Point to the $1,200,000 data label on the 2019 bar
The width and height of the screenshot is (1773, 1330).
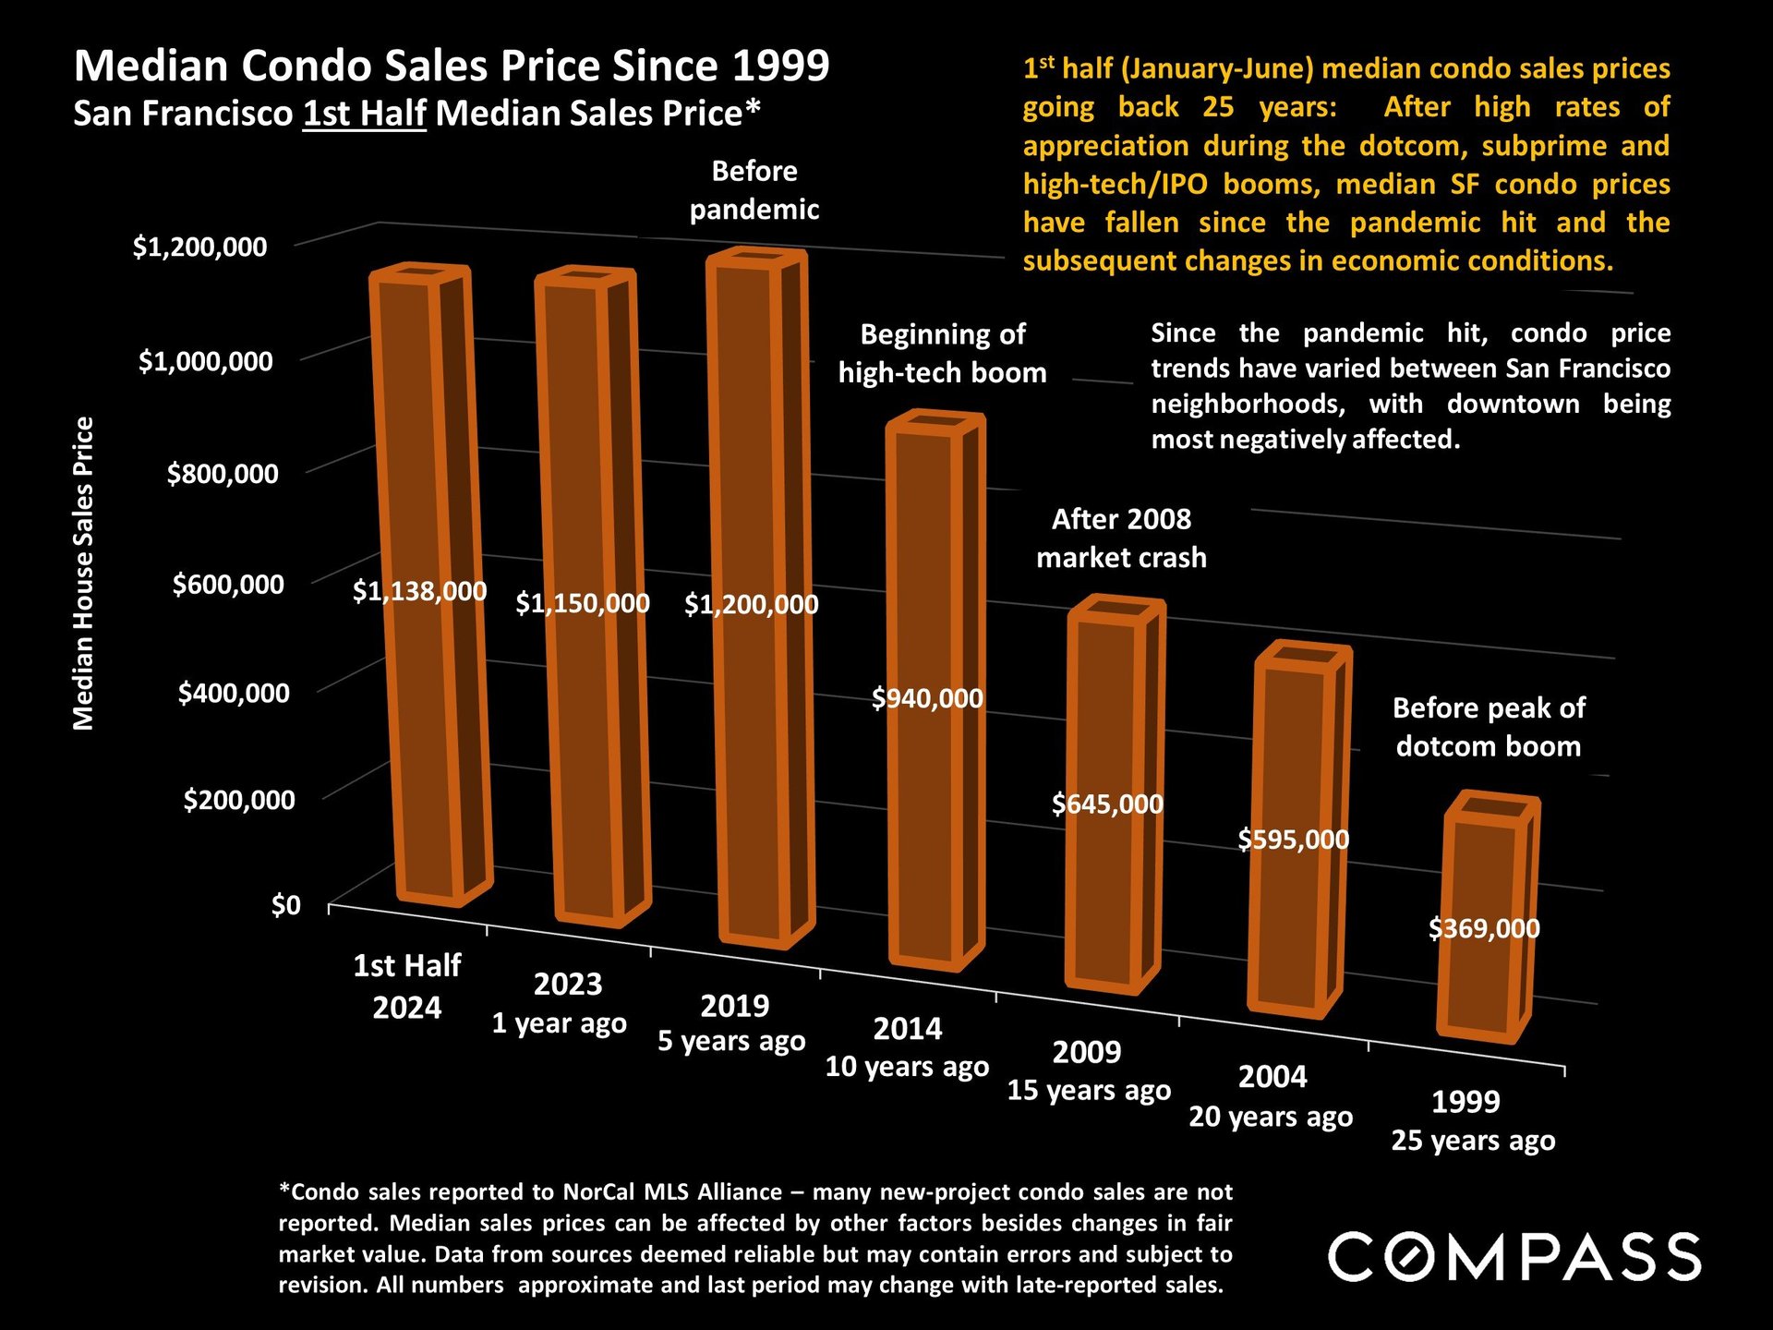(751, 605)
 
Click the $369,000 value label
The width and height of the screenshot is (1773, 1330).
(1484, 928)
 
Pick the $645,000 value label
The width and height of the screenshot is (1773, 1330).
(1107, 804)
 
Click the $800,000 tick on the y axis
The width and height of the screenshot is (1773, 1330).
(223, 474)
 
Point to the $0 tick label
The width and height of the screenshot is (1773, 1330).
(286, 905)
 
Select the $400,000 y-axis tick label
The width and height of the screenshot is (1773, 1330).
(234, 693)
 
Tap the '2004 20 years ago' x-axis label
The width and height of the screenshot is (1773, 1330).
(1271, 1096)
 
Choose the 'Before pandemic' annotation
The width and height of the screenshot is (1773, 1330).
(754, 190)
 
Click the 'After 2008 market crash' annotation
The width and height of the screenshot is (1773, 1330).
(1121, 538)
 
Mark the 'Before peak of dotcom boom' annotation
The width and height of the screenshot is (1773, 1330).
(1489, 727)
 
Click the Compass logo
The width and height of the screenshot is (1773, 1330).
(1514, 1257)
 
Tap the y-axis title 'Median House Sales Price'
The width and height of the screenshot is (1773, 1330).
(84, 573)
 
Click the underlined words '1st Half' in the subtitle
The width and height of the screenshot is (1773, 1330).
(364, 114)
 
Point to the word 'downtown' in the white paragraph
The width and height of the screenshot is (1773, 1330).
(1513, 405)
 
